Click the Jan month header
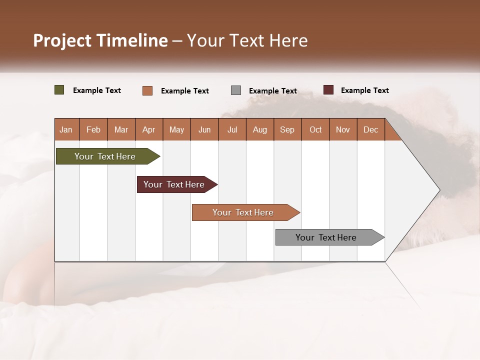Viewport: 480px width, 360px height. pos(66,129)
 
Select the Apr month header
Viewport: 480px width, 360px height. pos(149,129)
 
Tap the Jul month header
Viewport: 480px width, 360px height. pos(232,129)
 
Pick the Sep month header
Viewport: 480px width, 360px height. pos(287,129)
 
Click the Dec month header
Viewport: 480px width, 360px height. pos(370,129)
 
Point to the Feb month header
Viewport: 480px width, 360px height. pos(93,129)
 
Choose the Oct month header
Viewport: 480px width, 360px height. pos(315,129)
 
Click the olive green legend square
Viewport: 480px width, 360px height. pos(59,90)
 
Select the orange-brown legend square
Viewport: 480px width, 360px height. pos(147,90)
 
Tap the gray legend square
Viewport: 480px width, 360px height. pos(236,90)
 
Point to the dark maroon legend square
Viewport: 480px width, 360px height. pos(328,90)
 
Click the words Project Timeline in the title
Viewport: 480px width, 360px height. pos(100,40)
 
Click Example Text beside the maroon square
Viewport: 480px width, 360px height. pos(364,90)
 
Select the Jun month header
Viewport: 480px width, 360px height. pos(204,129)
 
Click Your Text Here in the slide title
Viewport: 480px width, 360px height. pos(247,40)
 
